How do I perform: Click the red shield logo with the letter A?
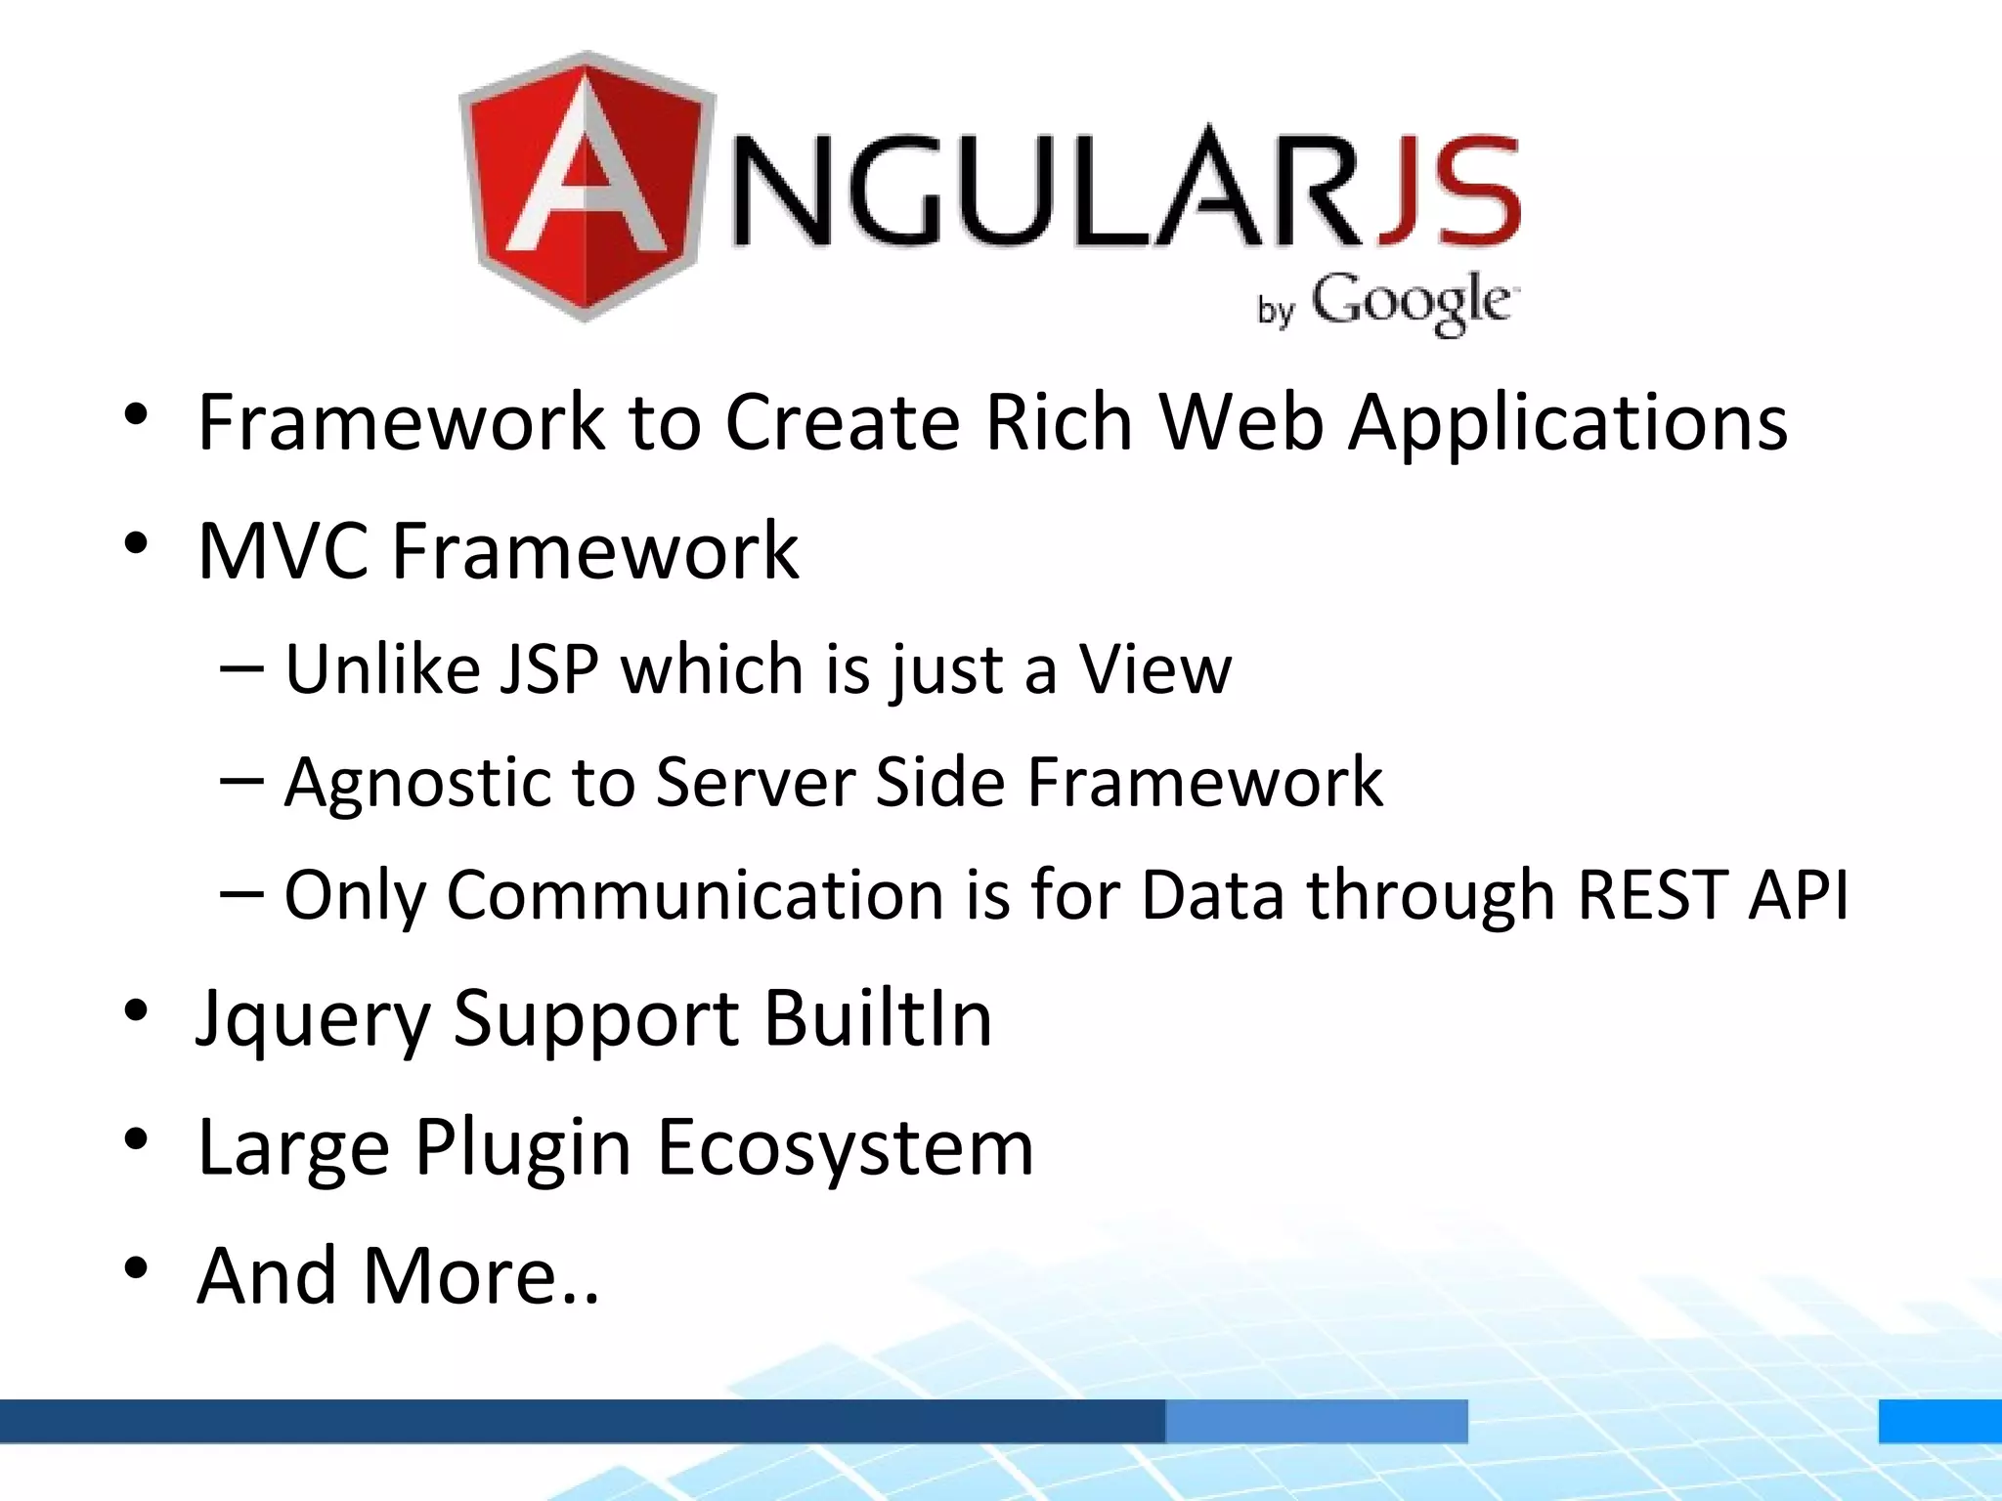point(587,186)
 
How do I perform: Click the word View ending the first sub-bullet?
point(1154,670)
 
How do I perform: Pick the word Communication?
point(694,895)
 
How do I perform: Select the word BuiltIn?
point(877,1018)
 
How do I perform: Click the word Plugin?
point(522,1149)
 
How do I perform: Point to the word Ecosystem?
point(845,1149)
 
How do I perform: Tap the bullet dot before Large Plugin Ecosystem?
point(136,1139)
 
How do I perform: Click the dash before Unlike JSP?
point(241,669)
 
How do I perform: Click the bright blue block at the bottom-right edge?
point(1939,1421)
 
